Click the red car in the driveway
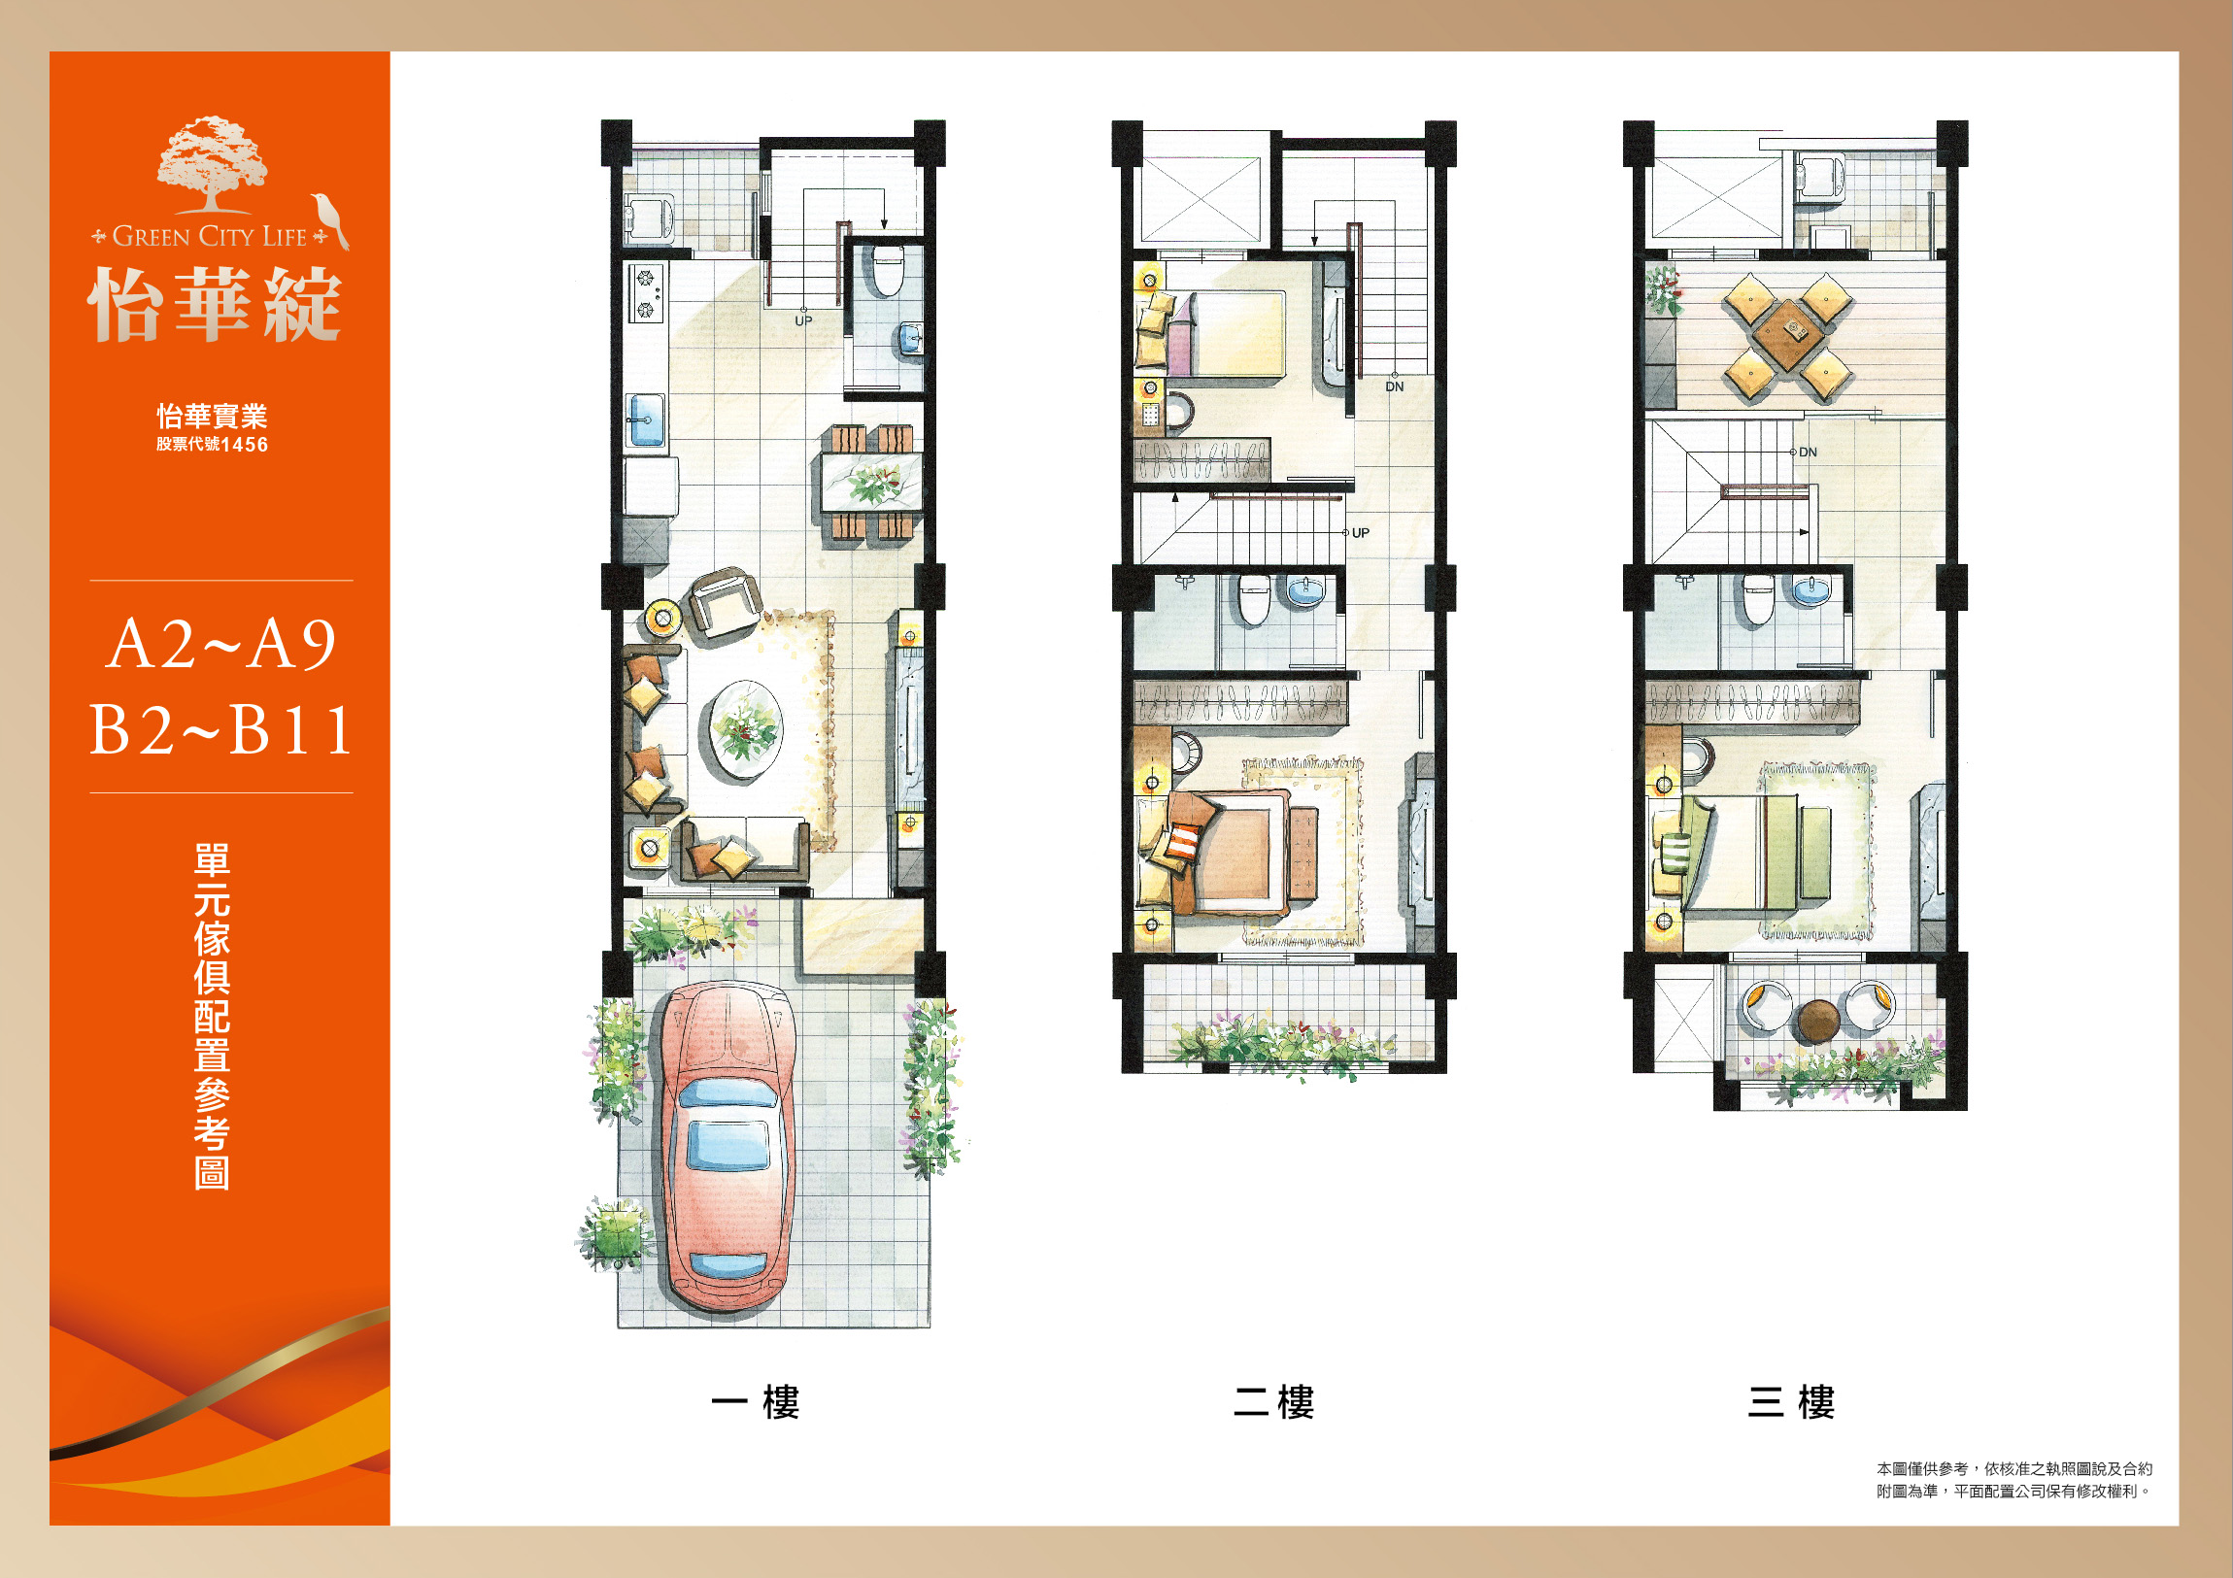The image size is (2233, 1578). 728,1148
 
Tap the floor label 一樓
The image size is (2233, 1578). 756,1403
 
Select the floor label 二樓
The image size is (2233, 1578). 1274,1403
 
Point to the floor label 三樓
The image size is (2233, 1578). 1791,1403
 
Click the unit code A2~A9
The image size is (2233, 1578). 221,644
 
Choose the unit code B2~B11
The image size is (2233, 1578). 221,730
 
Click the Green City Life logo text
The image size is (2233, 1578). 209,236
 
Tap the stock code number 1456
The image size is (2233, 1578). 244,445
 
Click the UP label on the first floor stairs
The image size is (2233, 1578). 803,320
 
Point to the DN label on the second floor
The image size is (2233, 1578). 1395,386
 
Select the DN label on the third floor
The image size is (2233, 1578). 1808,453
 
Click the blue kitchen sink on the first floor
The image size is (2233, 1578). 646,420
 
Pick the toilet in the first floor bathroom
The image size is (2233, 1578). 886,270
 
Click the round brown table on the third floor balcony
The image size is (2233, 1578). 1817,1020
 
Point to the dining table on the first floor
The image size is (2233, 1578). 871,483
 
